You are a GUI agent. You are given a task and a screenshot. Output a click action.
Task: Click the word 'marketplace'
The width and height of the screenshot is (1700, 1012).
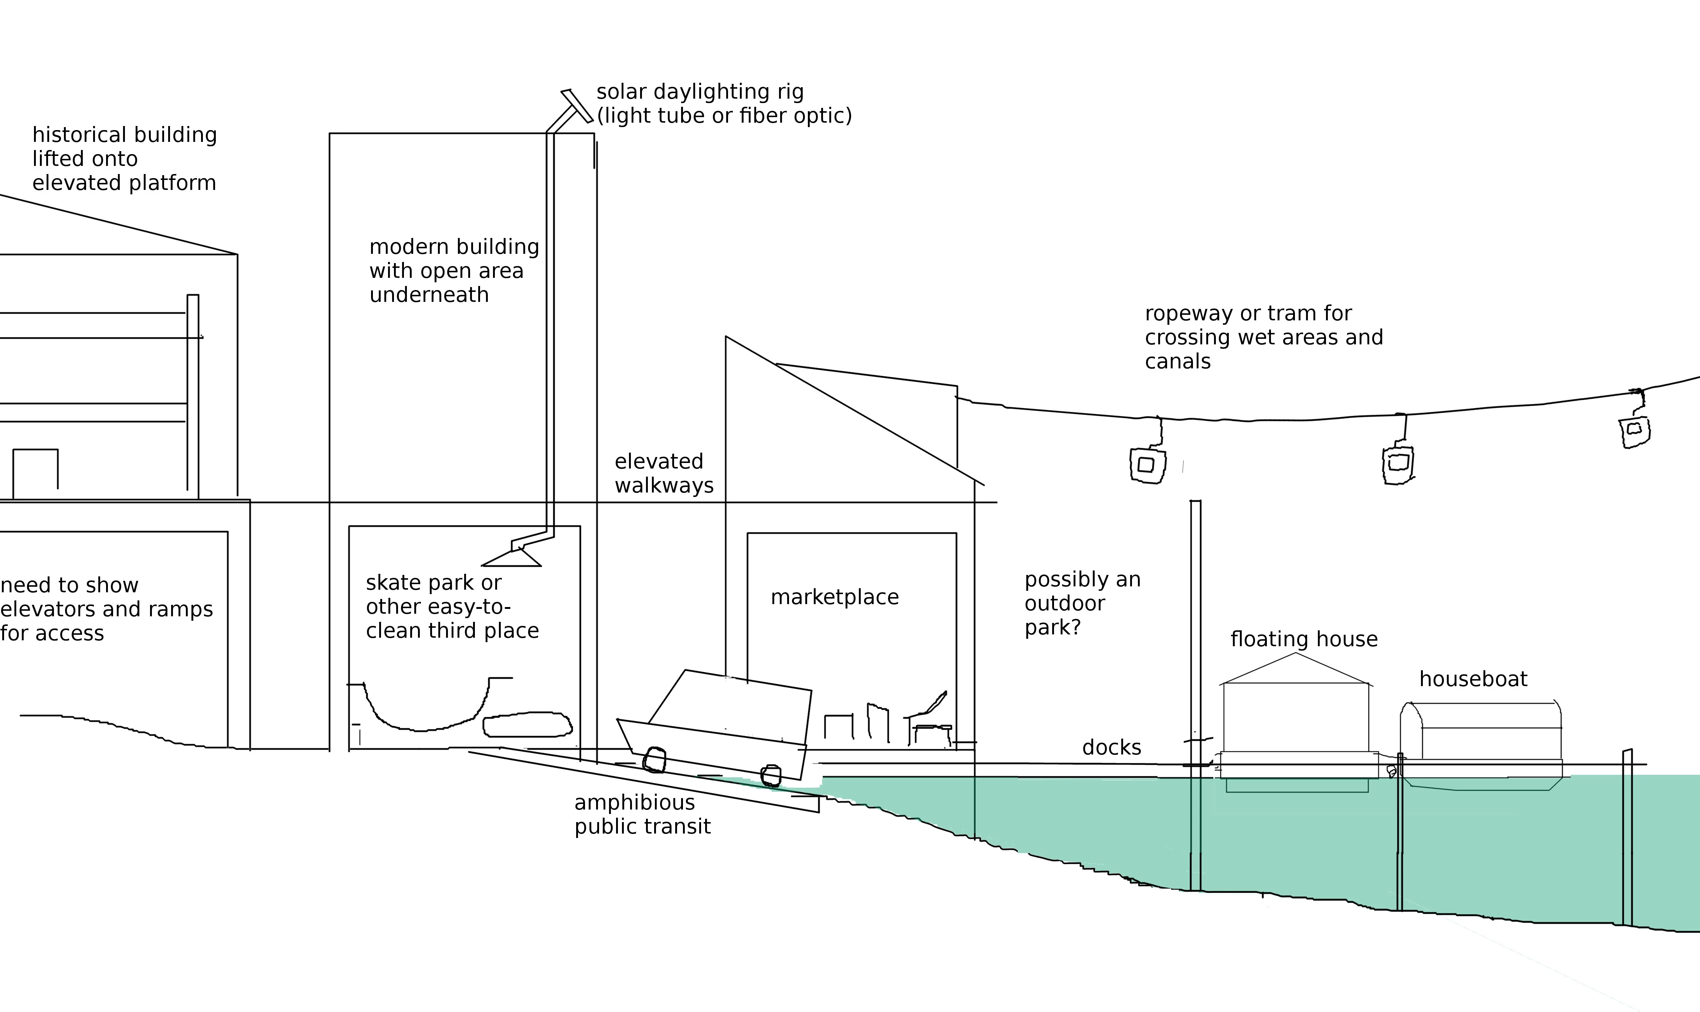(x=834, y=597)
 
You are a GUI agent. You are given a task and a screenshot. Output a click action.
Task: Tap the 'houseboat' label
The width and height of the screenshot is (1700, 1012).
(x=1473, y=679)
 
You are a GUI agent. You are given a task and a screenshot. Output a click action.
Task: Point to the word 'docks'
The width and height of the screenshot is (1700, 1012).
(x=1112, y=747)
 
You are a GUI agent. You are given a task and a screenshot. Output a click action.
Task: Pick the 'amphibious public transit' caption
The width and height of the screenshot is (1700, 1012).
(x=642, y=814)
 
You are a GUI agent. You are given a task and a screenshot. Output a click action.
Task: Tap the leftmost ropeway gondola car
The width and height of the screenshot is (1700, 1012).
(x=1147, y=465)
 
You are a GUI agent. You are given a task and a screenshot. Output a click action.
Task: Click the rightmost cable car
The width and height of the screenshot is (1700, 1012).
(x=1635, y=431)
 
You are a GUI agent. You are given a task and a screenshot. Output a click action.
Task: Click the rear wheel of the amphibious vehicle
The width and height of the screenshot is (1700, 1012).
(x=654, y=760)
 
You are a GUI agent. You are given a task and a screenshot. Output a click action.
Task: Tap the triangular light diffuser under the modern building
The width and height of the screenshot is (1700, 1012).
(x=511, y=556)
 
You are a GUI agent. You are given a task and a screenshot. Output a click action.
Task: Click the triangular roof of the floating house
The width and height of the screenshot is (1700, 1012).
(x=1296, y=668)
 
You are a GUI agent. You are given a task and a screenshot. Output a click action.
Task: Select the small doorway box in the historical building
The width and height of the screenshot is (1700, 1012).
(x=35, y=473)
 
